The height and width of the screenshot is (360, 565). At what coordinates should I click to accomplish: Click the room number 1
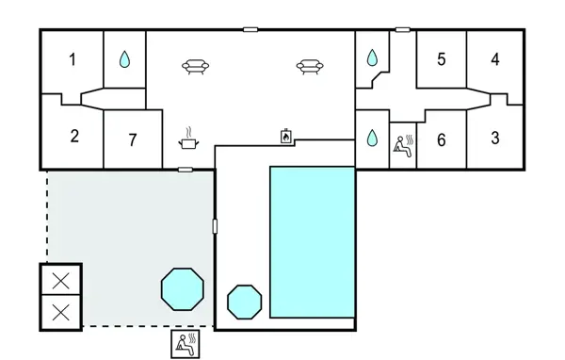tap(73, 60)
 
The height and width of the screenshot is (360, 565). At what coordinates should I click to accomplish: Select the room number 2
tap(74, 135)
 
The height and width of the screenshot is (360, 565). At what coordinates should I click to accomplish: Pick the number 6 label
tap(440, 139)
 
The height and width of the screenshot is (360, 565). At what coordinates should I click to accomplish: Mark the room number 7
tap(133, 140)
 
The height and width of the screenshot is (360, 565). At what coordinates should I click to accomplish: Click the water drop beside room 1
tap(124, 59)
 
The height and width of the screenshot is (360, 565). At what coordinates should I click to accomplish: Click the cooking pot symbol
tap(189, 140)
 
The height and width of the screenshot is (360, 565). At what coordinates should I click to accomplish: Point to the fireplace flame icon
tap(284, 137)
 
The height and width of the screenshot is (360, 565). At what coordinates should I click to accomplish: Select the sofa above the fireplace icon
tap(308, 66)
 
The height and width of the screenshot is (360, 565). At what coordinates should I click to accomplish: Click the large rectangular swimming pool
tap(312, 242)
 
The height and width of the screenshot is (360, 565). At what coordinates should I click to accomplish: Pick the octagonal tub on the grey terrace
tap(183, 289)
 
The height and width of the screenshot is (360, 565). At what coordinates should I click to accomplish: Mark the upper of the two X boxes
tap(61, 280)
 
